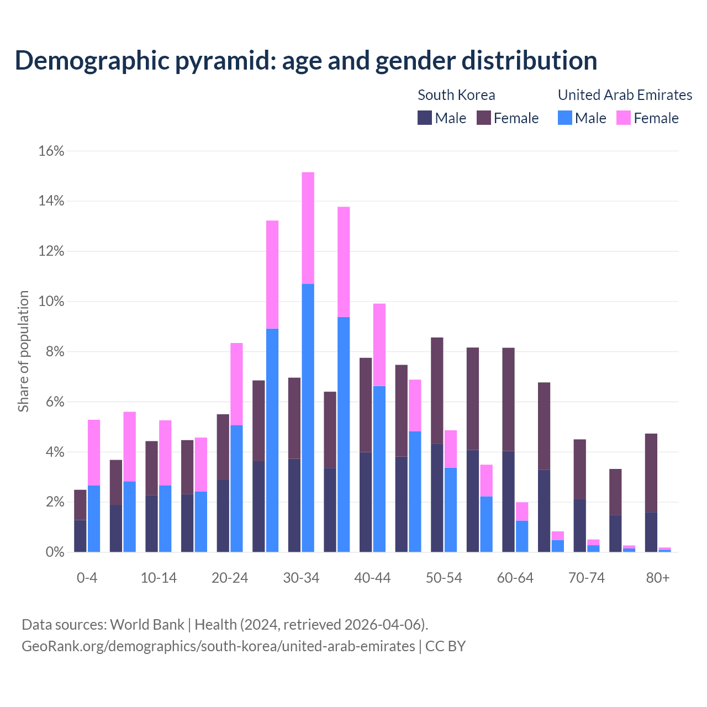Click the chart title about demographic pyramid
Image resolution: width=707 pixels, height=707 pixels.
306,61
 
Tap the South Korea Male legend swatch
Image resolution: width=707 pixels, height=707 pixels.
425,118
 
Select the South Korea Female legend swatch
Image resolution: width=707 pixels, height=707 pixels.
484,118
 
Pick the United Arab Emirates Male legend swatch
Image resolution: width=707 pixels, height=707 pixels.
564,118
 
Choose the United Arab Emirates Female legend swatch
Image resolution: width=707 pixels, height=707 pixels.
624,118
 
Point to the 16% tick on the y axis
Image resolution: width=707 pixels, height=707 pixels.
51,151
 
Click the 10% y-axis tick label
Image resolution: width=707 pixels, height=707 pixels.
51,302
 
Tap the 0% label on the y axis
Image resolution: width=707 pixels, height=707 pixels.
54,552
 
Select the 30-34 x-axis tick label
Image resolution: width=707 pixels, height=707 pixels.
301,578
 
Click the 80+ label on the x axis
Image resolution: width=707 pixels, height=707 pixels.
658,578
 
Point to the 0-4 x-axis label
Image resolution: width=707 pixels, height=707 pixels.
87,578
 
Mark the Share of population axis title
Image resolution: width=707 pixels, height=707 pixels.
23,351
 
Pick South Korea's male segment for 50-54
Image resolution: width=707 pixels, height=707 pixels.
437,498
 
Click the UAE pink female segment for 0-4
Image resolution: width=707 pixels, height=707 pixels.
94,452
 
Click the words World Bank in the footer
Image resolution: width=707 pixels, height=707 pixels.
147,625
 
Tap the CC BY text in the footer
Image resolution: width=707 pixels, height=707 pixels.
445,646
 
